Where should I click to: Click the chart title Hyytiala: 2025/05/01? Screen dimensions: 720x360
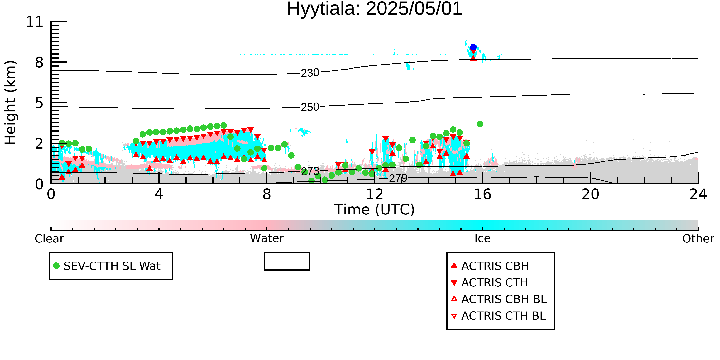(x=375, y=9)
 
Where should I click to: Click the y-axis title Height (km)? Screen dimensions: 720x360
(x=10, y=103)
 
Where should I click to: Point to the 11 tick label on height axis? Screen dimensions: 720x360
(x=35, y=22)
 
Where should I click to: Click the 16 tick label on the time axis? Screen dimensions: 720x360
(x=482, y=194)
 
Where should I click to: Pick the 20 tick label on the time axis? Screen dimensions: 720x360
(x=590, y=194)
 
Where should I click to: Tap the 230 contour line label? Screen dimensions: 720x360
(x=310, y=73)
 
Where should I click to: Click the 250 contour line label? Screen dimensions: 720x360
(x=310, y=107)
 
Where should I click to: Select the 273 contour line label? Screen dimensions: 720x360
(x=310, y=171)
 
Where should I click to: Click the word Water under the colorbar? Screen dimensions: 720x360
(x=267, y=238)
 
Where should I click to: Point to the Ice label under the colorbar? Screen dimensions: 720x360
(x=482, y=238)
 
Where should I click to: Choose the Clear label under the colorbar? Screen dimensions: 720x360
(x=49, y=239)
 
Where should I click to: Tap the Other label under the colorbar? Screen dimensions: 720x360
(x=698, y=239)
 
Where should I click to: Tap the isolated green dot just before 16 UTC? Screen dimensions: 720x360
(x=480, y=124)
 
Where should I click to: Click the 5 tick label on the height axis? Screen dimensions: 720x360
(x=39, y=103)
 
